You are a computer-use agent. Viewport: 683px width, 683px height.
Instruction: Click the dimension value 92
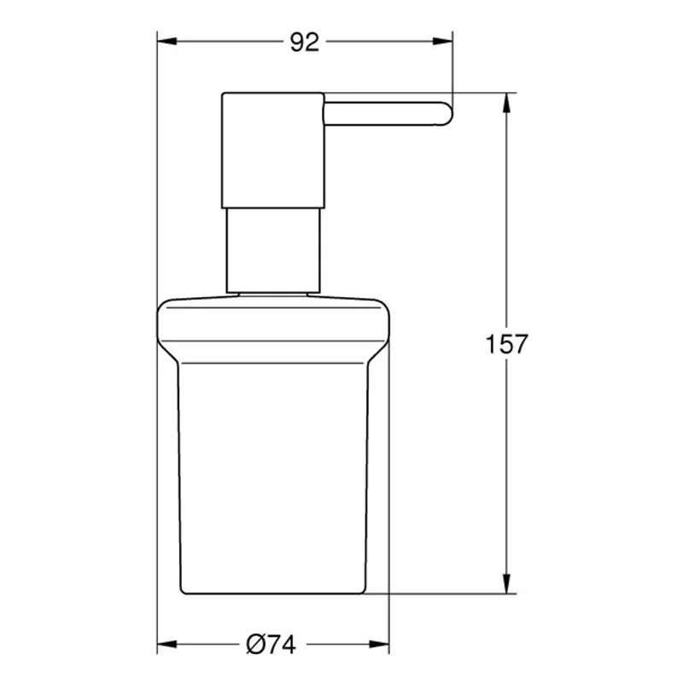(x=304, y=42)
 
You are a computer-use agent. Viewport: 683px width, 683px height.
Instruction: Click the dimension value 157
(x=508, y=344)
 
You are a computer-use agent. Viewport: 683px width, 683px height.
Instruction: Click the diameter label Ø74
(x=271, y=645)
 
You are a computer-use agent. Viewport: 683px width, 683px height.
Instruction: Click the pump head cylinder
(x=273, y=149)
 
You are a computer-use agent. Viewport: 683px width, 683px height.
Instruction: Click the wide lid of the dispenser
(x=273, y=324)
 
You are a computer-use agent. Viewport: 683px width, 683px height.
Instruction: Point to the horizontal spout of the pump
(x=384, y=114)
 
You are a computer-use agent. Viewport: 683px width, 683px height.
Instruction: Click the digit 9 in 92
(x=295, y=42)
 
